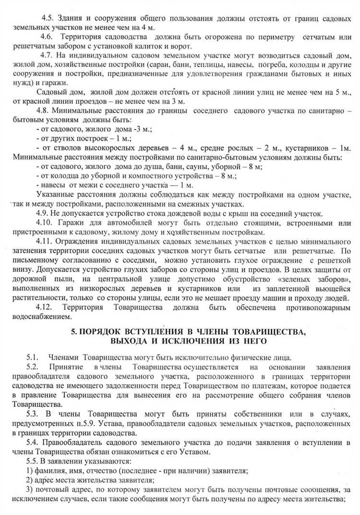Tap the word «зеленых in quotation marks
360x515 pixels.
click(293, 280)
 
